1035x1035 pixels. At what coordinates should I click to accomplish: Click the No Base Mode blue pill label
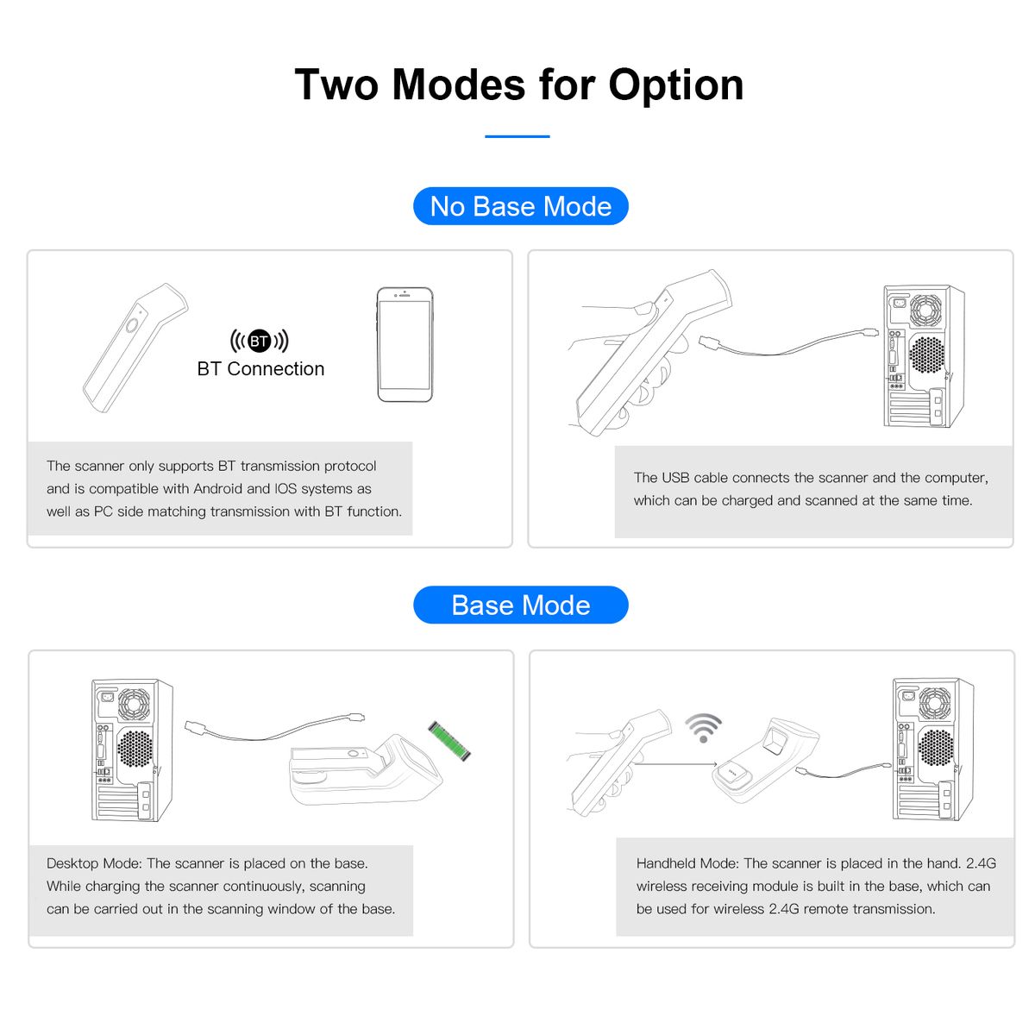[520, 206]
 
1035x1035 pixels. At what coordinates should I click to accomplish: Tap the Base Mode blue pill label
[520, 605]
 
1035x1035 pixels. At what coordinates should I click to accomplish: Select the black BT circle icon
[260, 341]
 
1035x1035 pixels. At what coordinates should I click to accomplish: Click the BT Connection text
[260, 368]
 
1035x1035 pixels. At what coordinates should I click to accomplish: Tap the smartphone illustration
[405, 344]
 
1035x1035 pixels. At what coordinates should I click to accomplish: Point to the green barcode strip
[449, 741]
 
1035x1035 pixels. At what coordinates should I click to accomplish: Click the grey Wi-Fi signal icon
[703, 727]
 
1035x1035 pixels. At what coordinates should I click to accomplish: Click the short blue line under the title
[517, 136]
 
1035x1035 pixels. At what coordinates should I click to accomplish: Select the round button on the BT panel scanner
[132, 325]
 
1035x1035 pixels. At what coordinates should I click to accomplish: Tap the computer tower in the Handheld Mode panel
[933, 749]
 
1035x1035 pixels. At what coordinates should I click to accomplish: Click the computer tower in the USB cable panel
[924, 356]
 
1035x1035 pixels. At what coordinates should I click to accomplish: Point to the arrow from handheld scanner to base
[674, 764]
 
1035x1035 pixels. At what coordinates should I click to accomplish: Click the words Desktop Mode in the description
[94, 863]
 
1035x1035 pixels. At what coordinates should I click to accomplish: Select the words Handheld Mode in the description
[688, 863]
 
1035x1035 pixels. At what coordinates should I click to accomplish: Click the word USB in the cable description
[675, 478]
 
